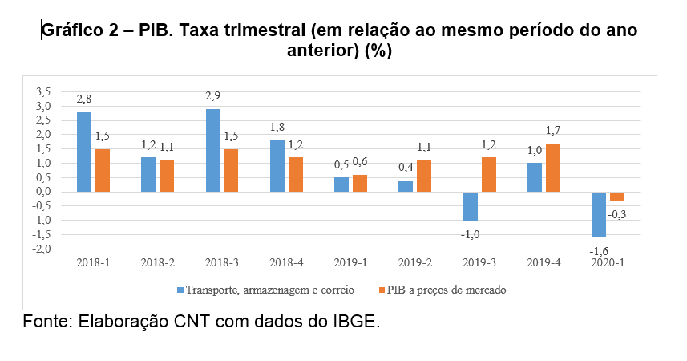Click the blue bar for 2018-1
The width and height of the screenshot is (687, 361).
[x=84, y=152]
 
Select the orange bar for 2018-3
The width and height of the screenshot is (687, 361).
[x=231, y=170]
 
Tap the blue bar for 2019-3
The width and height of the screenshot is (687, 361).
[x=471, y=206]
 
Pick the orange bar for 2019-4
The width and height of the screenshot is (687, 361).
[x=553, y=168]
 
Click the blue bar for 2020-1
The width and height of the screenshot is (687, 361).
[x=599, y=214]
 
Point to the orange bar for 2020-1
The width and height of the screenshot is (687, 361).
[x=617, y=197]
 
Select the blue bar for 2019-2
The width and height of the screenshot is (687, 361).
[x=406, y=186]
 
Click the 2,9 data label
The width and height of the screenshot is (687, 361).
[x=212, y=96]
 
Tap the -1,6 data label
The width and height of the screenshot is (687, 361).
[x=598, y=251]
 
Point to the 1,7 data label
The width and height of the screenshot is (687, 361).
[x=554, y=130]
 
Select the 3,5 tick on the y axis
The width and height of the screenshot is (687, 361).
[x=43, y=92]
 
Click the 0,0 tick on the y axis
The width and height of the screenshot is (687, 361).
[x=43, y=192]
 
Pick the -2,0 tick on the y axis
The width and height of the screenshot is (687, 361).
[x=42, y=249]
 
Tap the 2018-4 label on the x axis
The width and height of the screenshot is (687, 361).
[x=286, y=263]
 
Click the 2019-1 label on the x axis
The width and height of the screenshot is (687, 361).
[x=350, y=263]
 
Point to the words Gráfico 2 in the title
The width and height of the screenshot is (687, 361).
[x=82, y=31]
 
